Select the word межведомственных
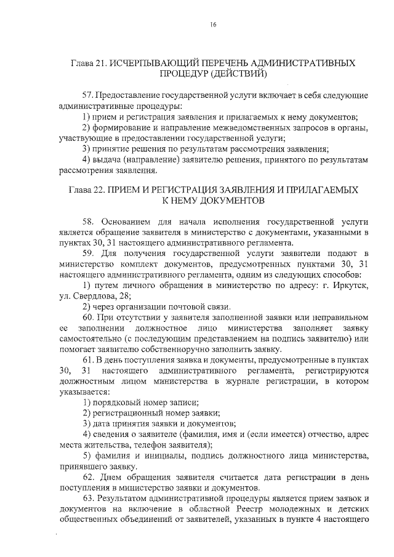pos(229,127)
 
